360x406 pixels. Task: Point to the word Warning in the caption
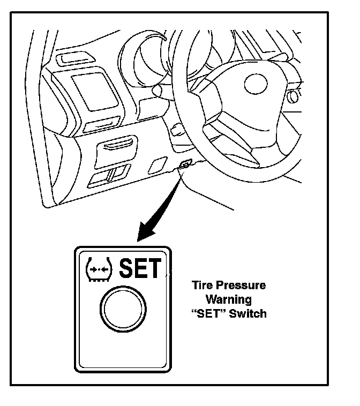[x=229, y=299]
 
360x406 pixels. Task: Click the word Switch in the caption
[x=247, y=313]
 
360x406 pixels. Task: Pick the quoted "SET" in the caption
[x=209, y=313]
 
